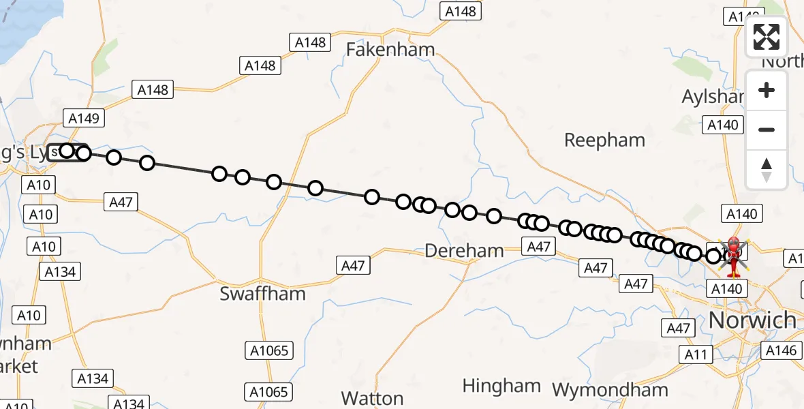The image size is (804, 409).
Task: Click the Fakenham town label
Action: click(x=390, y=49)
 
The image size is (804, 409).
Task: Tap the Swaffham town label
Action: click(x=262, y=294)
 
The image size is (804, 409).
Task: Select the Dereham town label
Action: click(x=464, y=250)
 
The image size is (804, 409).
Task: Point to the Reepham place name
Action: click(x=605, y=140)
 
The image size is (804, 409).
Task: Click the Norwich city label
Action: click(x=752, y=319)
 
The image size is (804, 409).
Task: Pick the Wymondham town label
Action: click(x=610, y=390)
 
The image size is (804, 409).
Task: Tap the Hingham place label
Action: click(x=501, y=386)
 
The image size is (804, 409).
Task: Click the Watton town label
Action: click(x=373, y=397)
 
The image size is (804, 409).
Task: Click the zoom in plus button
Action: click(x=767, y=90)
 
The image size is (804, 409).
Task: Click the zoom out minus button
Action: click(x=767, y=130)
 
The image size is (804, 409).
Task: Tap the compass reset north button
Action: click(x=767, y=170)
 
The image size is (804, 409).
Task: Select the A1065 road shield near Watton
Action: click(x=268, y=392)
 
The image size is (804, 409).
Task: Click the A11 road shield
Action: click(x=696, y=354)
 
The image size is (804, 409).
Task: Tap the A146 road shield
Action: click(x=781, y=350)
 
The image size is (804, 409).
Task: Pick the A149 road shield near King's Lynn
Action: click(x=84, y=118)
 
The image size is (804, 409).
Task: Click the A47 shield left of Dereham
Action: click(x=353, y=266)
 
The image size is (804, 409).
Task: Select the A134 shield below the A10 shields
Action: click(x=60, y=272)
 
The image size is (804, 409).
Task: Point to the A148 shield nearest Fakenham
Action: click(x=311, y=42)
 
